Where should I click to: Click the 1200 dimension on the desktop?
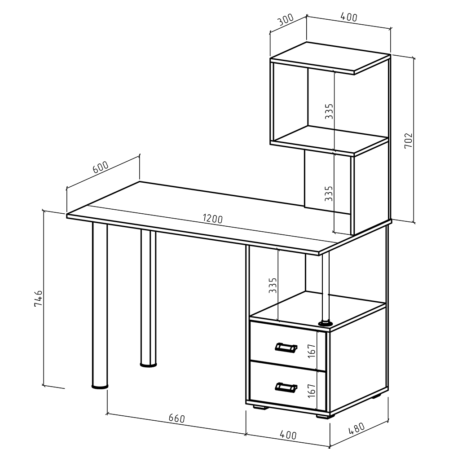coord(213,219)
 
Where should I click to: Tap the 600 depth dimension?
coord(101,167)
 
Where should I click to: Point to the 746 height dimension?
coord(38,299)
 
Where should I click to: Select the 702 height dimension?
coord(408,140)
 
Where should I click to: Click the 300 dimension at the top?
coord(286,20)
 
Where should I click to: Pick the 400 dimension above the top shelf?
coord(349,17)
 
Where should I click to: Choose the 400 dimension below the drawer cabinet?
coord(288,435)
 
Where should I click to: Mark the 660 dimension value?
coord(176,418)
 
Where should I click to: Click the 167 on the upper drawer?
coord(312,351)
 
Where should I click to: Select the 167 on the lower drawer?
coord(312,390)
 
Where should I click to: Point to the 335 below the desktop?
coord(273,285)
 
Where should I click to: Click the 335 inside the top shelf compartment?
coord(329,111)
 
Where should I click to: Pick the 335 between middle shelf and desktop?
coord(329,193)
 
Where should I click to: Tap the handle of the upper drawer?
coord(286,347)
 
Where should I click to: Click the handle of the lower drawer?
coord(286,387)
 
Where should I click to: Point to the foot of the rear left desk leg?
coord(148,365)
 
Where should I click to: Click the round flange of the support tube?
coord(326,324)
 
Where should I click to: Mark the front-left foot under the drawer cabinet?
coord(260,407)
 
